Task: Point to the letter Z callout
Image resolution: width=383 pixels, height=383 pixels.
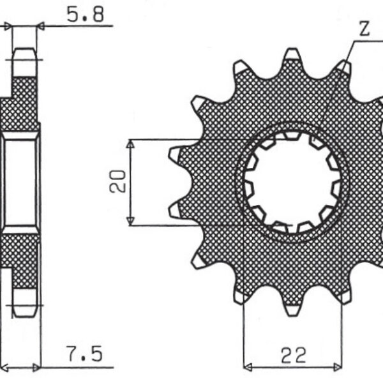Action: click(x=363, y=29)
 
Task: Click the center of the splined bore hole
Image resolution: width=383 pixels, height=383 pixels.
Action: click(x=292, y=182)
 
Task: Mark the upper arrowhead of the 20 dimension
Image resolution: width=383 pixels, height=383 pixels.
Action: click(x=130, y=144)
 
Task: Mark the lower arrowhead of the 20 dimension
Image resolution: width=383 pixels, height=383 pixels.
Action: click(x=130, y=220)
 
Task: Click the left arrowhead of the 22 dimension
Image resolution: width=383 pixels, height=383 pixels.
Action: click(x=248, y=367)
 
